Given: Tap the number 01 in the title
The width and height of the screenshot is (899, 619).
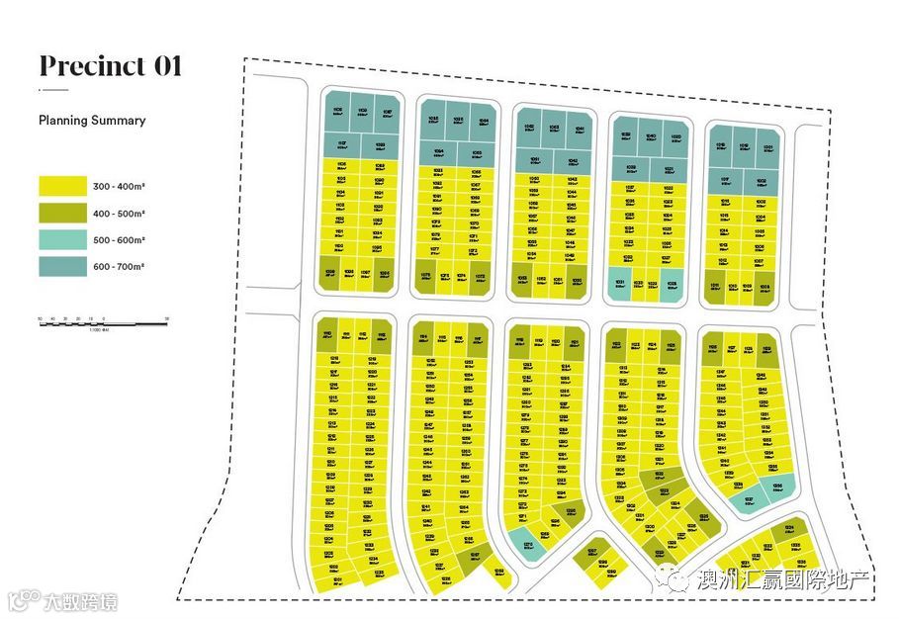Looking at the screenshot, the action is point(165,66).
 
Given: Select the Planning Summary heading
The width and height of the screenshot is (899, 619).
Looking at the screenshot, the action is point(92,121).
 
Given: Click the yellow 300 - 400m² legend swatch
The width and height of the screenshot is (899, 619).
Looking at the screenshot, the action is point(63,186).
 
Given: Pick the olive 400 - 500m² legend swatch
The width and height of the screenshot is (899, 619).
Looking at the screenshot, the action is point(63,213).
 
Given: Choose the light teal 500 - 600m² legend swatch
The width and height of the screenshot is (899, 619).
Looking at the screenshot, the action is point(63,240).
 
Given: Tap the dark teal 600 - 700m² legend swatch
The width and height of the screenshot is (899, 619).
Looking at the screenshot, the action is point(63,267).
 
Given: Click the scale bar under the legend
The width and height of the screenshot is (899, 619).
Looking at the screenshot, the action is point(103,321).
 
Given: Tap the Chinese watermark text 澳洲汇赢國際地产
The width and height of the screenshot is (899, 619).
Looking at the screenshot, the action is point(781,579).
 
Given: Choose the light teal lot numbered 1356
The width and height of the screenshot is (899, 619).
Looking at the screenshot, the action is point(777,488).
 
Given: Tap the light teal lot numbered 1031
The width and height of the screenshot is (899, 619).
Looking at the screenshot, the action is point(619,283).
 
